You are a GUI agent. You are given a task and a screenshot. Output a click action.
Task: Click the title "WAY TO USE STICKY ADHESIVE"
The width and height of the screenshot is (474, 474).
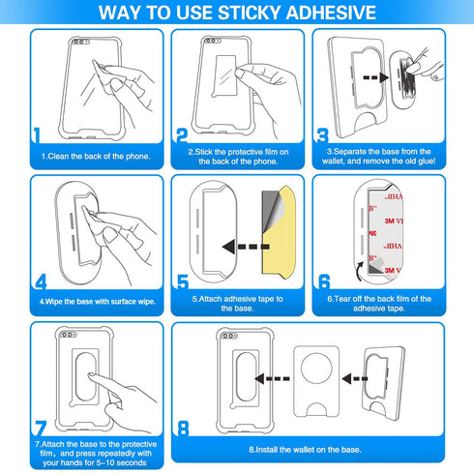coord(237,13)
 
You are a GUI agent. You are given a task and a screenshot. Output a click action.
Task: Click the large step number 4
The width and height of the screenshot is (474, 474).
coord(40,282)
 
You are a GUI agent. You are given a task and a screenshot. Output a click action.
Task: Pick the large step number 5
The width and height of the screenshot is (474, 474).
coord(182,282)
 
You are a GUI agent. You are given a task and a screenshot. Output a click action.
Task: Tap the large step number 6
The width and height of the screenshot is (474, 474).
coord(324,282)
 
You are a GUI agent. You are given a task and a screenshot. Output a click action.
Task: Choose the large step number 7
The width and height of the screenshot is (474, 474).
coord(39,427)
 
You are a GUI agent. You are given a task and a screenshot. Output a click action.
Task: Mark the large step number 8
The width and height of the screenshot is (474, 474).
coord(183,429)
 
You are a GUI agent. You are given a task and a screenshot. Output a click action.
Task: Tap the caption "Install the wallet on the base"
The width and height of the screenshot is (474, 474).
coord(305,450)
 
